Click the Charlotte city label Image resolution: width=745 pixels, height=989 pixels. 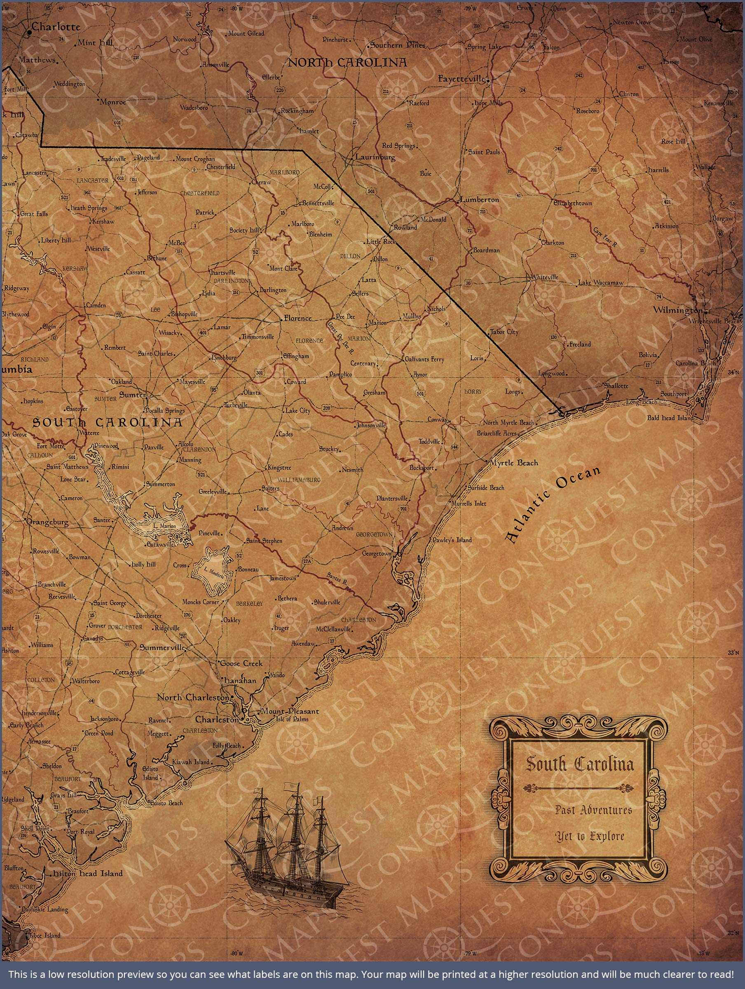point(56,27)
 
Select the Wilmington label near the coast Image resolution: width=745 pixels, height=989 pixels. point(677,310)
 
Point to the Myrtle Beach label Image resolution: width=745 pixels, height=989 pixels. point(514,463)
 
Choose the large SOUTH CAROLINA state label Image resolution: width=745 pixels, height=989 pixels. point(107,422)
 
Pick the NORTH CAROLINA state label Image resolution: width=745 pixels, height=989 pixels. point(347,63)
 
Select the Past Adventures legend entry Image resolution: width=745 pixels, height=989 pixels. point(593,810)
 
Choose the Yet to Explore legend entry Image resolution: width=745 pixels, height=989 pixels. point(589,836)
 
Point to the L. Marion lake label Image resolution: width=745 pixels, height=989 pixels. point(164,526)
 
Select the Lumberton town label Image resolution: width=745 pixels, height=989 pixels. point(479,200)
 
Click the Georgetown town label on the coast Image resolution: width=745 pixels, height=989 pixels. point(376,553)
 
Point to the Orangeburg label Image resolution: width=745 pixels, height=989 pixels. point(47,522)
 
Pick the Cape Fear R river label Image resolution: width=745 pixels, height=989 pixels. point(605,237)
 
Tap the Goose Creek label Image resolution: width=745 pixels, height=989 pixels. point(241,663)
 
